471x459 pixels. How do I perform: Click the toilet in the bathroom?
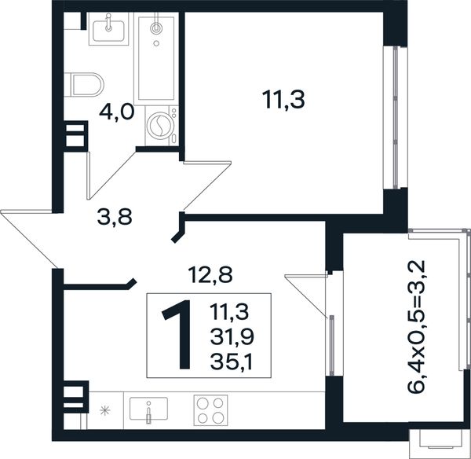click(84, 85)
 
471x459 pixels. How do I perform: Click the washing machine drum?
click(159, 126)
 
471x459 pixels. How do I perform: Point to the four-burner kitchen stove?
click(210, 410)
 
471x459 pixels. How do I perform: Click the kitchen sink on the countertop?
click(148, 409)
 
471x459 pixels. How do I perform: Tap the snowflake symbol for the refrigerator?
click(105, 410)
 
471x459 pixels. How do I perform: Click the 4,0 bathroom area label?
click(116, 113)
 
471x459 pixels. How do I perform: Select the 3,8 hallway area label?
click(115, 217)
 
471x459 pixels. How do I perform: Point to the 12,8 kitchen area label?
click(210, 275)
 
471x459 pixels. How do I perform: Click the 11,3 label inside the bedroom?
click(283, 100)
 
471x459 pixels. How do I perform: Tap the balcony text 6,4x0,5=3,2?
click(416, 326)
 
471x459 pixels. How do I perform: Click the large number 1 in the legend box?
click(178, 334)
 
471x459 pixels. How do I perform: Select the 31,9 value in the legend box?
click(232, 336)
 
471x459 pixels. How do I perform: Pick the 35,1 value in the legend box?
click(232, 362)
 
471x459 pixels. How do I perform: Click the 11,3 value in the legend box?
click(229, 311)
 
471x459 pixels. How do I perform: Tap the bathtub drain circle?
click(156, 43)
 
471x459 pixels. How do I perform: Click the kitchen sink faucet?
click(148, 413)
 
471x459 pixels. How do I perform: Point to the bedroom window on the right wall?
click(396, 117)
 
